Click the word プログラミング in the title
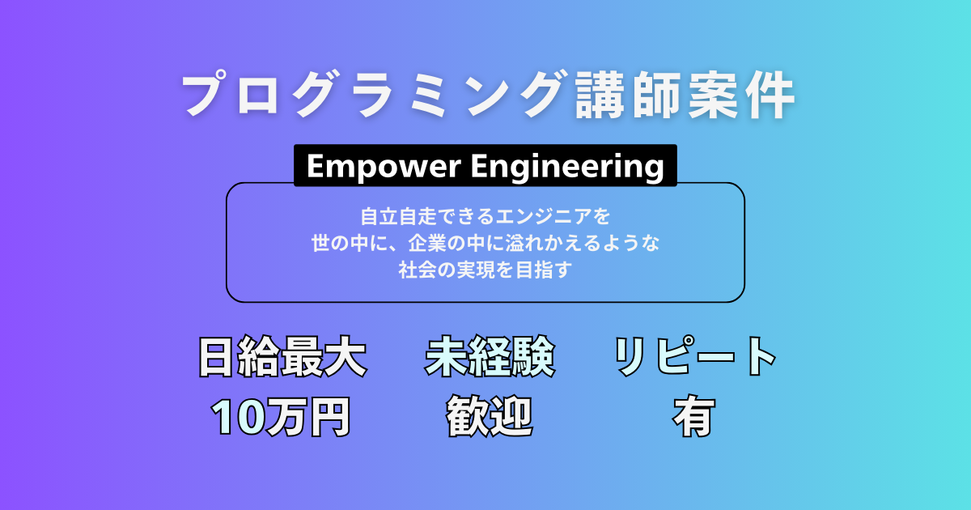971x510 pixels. [x=368, y=96]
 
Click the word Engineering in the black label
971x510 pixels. [x=566, y=167]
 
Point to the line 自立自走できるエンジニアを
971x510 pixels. [x=485, y=217]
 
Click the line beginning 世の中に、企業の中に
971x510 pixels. [x=485, y=243]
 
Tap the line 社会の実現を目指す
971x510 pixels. [x=485, y=270]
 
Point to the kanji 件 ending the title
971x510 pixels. [x=768, y=96]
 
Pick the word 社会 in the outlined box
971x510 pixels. [x=414, y=270]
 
